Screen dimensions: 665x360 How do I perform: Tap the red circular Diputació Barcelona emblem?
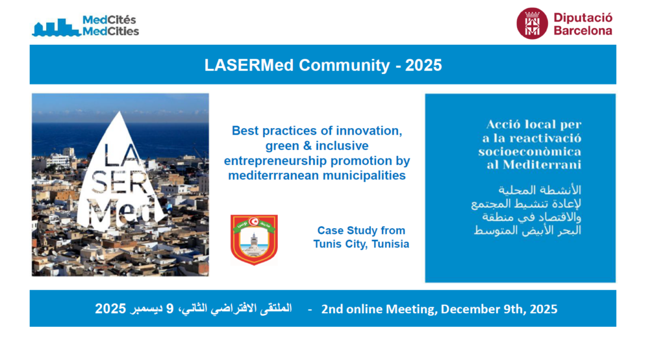532,24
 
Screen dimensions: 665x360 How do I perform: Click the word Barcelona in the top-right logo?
583,31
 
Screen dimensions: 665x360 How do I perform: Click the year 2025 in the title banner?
423,66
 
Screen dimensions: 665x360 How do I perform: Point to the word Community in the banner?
344,66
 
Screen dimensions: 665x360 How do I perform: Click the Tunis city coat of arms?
254,240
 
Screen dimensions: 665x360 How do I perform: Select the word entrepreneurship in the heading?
275,161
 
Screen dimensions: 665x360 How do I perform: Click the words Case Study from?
361,231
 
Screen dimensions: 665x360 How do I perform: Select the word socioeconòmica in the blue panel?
530,151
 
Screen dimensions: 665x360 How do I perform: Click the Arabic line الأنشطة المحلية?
540,190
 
